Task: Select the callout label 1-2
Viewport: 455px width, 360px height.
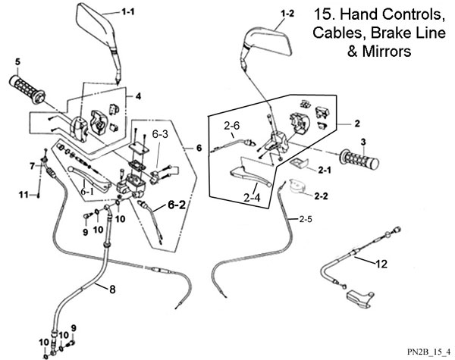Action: click(x=287, y=14)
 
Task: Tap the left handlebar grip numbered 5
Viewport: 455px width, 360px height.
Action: click(x=27, y=84)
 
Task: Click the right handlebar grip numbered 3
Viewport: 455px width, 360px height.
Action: click(x=363, y=158)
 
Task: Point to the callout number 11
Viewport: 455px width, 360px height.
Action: click(x=24, y=196)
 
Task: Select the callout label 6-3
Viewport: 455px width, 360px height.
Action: click(x=161, y=133)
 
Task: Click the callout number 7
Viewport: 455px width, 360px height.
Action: click(x=32, y=165)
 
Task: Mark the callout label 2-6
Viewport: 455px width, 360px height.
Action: click(x=231, y=125)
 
